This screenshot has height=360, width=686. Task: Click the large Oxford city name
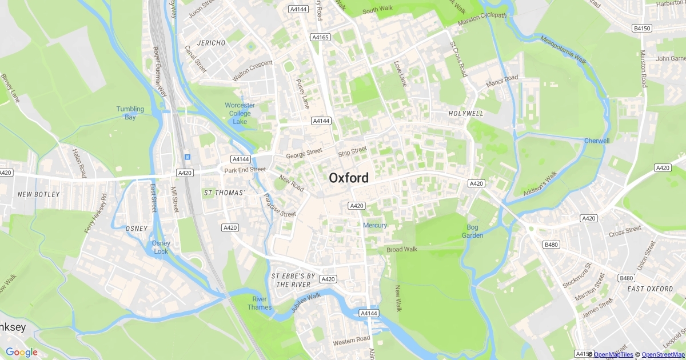click(349, 178)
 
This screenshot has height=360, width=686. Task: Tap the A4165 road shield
click(321, 37)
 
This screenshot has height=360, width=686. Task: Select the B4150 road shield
click(642, 28)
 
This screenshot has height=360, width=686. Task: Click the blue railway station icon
click(186, 157)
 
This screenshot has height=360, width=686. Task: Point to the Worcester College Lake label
click(240, 113)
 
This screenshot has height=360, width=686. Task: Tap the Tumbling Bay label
click(130, 113)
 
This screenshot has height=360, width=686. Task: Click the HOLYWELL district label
click(466, 114)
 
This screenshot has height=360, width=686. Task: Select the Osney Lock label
click(161, 247)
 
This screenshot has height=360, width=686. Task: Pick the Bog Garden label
click(472, 231)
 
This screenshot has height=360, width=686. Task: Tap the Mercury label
click(375, 226)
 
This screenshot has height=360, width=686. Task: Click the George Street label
click(304, 154)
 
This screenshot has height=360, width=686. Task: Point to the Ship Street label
click(352, 151)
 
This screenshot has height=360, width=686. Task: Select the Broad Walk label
click(402, 250)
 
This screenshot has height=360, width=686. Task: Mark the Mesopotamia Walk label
click(563, 50)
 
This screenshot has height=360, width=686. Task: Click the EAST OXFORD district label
click(650, 289)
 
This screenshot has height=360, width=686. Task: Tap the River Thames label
click(259, 303)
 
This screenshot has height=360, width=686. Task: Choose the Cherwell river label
click(597, 141)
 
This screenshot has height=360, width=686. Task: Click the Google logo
click(22, 353)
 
